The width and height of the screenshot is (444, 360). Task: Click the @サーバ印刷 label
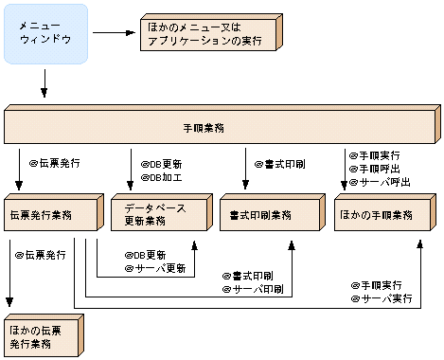253,287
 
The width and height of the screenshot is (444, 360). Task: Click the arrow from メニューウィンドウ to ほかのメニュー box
115,34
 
